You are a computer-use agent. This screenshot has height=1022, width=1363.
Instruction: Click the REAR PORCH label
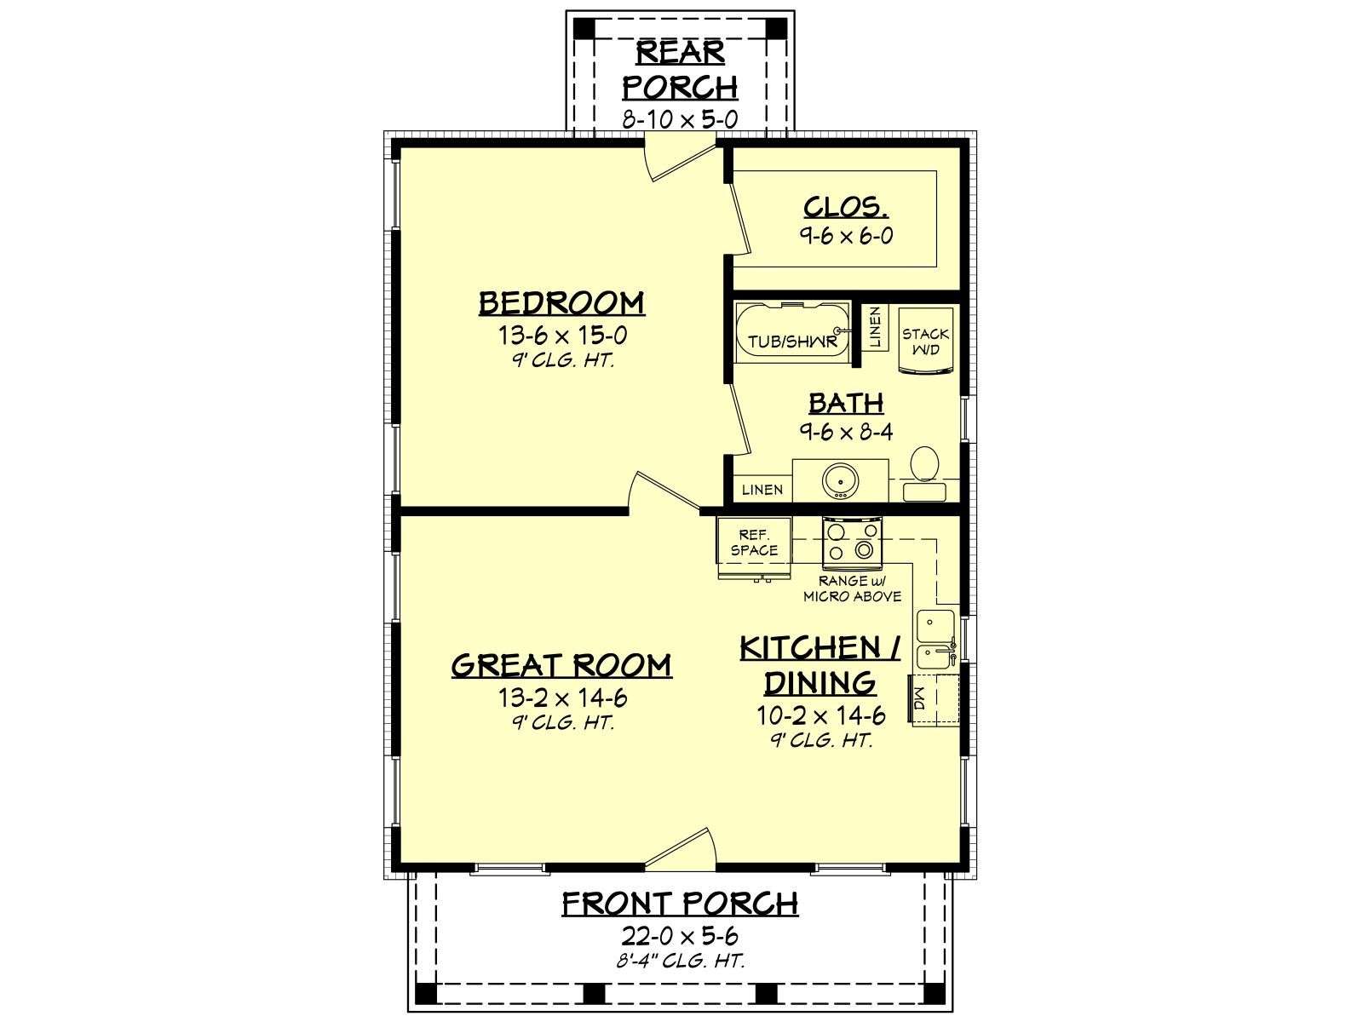680,70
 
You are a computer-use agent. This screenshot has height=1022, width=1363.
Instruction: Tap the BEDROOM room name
561,303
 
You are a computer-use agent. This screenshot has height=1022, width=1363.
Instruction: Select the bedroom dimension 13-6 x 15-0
562,336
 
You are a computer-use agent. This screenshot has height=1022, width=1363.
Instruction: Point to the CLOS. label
846,207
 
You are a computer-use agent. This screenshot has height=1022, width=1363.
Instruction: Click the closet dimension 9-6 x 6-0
846,236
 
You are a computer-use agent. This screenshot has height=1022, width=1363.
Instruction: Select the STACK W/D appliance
927,342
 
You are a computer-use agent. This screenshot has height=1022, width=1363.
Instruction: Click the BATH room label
846,404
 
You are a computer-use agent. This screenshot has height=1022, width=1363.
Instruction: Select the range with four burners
853,543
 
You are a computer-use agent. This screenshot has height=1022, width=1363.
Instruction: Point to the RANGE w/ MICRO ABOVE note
852,589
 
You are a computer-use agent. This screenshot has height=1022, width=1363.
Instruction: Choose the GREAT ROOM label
561,665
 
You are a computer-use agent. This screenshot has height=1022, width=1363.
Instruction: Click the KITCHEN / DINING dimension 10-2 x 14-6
820,716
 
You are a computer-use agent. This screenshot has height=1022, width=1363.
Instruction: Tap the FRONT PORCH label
680,904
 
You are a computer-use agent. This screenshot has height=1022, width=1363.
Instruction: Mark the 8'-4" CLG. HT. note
680,962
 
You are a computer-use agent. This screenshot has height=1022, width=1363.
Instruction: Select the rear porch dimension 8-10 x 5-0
680,119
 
